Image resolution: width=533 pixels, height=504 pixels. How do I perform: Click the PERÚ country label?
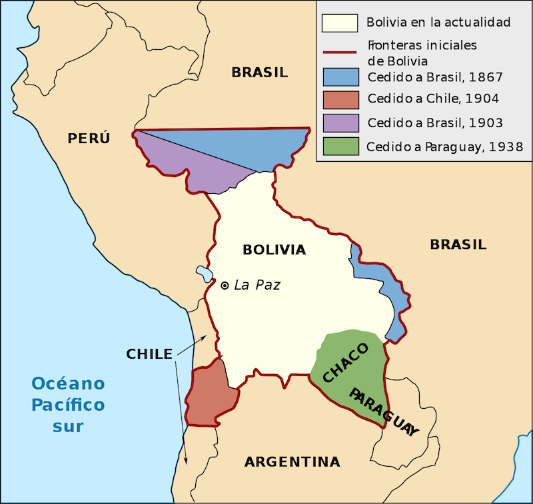[89, 138]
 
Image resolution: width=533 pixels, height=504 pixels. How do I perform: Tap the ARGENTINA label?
[292, 461]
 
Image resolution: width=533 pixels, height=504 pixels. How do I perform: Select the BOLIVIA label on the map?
[274, 250]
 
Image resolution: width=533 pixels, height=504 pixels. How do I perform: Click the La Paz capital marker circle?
[225, 285]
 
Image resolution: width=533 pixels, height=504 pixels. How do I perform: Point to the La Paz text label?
[257, 285]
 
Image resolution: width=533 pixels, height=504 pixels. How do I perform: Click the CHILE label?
[149, 354]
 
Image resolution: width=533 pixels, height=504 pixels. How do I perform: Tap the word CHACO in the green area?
[345, 364]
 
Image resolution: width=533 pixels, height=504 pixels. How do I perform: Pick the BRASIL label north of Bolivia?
[260, 73]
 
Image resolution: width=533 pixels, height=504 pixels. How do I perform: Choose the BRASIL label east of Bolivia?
[458, 244]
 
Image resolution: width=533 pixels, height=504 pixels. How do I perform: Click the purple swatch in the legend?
[340, 123]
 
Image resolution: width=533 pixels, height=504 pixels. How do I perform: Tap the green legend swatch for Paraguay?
[340, 146]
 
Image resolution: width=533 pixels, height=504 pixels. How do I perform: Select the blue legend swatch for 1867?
[340, 76]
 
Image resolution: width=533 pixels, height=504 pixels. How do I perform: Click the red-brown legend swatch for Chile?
[340, 99]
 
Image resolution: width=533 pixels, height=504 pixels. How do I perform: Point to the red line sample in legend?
[340, 52]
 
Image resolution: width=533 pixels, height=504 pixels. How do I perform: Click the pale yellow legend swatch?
[340, 22]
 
